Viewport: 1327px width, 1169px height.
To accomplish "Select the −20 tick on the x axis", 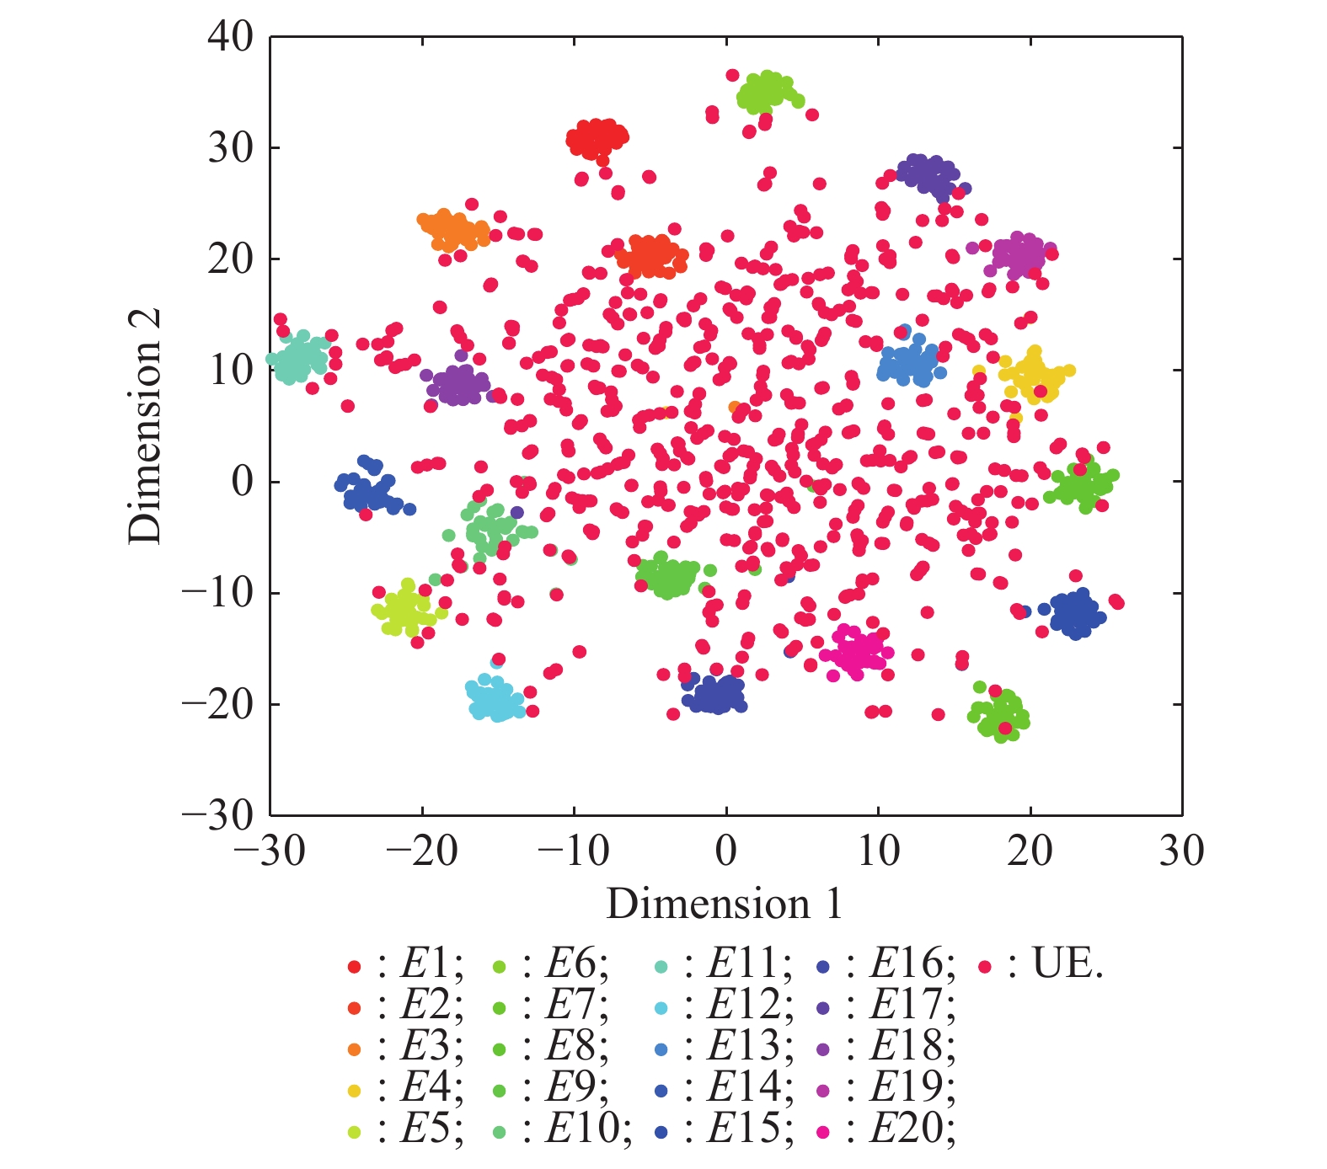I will tap(422, 851).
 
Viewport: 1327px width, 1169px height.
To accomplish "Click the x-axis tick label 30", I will tap(1181, 851).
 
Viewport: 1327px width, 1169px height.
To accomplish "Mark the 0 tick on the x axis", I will tap(726, 851).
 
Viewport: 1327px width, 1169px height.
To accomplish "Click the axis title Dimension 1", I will tap(725, 905).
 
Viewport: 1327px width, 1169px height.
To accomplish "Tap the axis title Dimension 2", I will tap(145, 425).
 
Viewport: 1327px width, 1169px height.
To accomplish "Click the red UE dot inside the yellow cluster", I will tap(1041, 391).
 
